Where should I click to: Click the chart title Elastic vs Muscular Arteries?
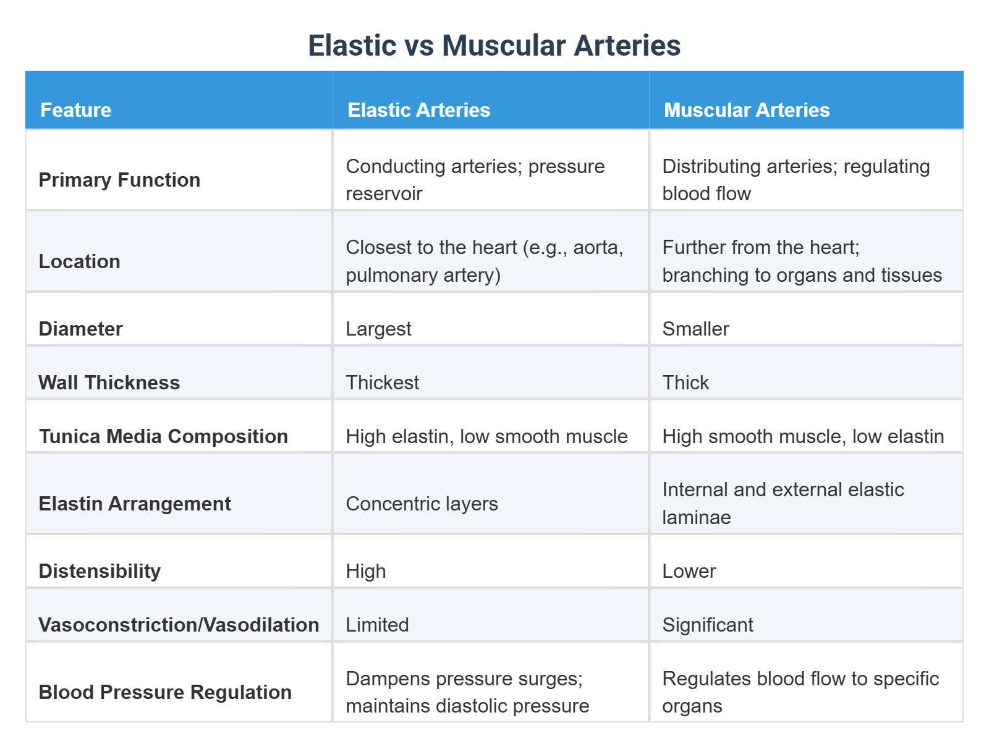pyautogui.click(x=494, y=46)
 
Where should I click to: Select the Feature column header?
pyautogui.click(x=75, y=110)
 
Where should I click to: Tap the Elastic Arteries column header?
pyautogui.click(x=418, y=110)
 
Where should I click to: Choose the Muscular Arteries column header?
pyautogui.click(x=746, y=110)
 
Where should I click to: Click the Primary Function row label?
pyautogui.click(x=119, y=180)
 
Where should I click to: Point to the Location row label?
pyautogui.click(x=79, y=261)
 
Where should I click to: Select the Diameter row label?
pyautogui.click(x=80, y=329)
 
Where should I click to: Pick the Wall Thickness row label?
pyautogui.click(x=109, y=383)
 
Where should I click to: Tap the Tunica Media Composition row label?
pyautogui.click(x=163, y=436)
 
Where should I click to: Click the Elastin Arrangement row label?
pyautogui.click(x=135, y=504)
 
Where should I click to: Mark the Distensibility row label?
pyautogui.click(x=100, y=571)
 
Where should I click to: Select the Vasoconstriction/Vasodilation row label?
pyautogui.click(x=179, y=625)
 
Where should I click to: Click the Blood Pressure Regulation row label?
pyautogui.click(x=165, y=692)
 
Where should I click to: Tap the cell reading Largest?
pyautogui.click(x=378, y=329)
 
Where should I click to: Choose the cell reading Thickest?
pyautogui.click(x=382, y=383)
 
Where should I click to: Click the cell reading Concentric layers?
pyautogui.click(x=422, y=504)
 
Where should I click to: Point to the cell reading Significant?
pyautogui.click(x=707, y=625)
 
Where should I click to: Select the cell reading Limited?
pyautogui.click(x=377, y=625)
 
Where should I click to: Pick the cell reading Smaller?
pyautogui.click(x=695, y=329)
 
